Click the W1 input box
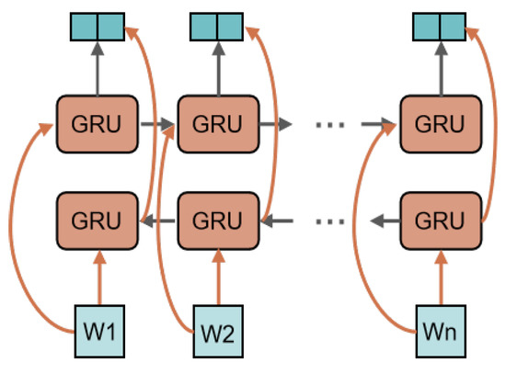[x=99, y=331]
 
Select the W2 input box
[x=218, y=331]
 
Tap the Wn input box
[x=441, y=331]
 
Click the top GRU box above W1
[x=98, y=124]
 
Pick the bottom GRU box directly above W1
[x=98, y=221]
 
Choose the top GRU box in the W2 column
[x=218, y=124]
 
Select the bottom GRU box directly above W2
[x=218, y=221]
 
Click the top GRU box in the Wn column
[x=441, y=124]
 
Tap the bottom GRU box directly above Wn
[x=441, y=221]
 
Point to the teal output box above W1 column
[x=98, y=27]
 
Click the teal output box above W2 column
[x=216, y=27]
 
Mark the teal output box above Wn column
[x=440, y=27]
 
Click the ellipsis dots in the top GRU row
[x=329, y=125]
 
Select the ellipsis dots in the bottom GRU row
[x=329, y=221]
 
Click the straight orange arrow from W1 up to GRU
[x=99, y=278]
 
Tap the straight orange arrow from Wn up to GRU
[x=441, y=278]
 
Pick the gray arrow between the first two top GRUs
[x=157, y=124]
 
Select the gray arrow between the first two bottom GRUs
[x=158, y=221]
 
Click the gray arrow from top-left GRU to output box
[x=98, y=69]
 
